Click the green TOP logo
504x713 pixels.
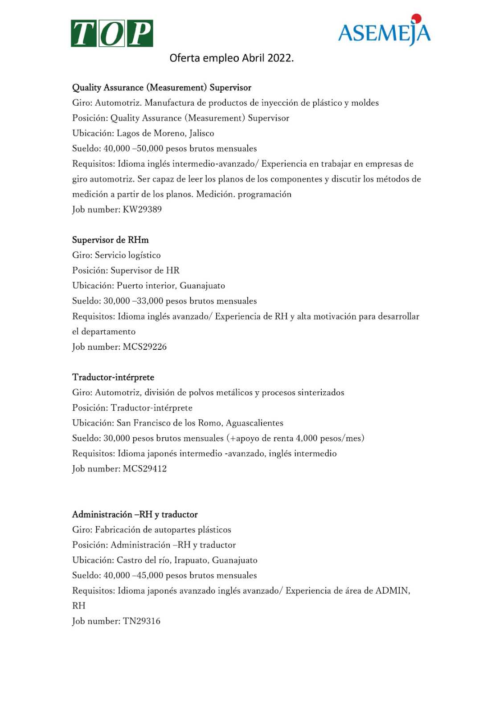click(112, 33)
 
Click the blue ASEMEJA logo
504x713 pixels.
click(384, 33)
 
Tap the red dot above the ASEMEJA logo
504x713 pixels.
click(416, 18)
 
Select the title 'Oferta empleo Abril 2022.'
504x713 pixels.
click(231, 58)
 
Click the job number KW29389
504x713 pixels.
click(142, 209)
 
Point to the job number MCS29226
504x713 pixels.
click(144, 347)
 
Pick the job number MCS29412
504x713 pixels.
click(144, 469)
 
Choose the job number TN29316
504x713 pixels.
click(141, 621)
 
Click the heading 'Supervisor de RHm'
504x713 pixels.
click(111, 240)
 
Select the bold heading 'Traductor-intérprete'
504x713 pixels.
click(113, 377)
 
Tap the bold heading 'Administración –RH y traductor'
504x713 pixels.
click(135, 514)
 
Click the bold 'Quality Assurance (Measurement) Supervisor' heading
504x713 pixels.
click(162, 87)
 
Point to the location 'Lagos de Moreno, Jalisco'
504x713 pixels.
click(165, 133)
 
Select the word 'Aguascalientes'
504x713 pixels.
click(254, 423)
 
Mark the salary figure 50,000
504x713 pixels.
click(150, 148)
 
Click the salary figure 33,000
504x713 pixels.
click(150, 301)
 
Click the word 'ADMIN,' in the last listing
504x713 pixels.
click(393, 590)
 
